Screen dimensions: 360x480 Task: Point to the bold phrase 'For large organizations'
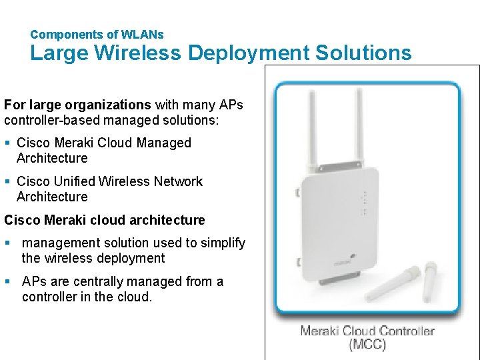[77, 105]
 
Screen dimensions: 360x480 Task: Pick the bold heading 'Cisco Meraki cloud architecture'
[105, 220]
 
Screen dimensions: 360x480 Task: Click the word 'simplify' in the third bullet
[223, 243]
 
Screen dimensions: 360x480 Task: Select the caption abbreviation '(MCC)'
[367, 345]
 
